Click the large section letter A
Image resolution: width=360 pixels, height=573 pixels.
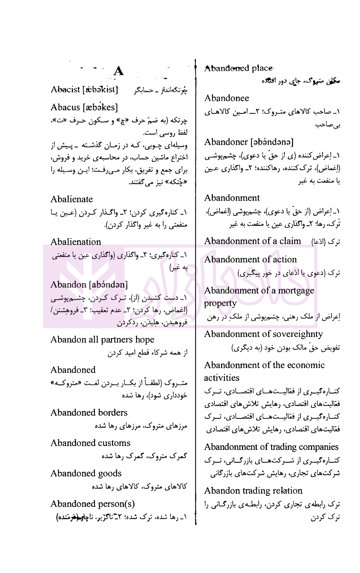(119, 72)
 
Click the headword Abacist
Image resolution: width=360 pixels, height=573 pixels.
(65, 90)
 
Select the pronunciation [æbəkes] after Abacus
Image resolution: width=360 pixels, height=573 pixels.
(100, 108)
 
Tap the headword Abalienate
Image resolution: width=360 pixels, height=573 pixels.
(72, 199)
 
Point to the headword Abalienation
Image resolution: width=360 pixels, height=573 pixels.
(76, 242)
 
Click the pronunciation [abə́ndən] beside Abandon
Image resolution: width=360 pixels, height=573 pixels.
(108, 285)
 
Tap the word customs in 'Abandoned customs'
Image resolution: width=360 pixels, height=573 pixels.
(114, 443)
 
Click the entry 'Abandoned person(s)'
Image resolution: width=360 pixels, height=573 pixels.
(92, 504)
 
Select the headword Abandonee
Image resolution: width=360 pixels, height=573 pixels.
(227, 98)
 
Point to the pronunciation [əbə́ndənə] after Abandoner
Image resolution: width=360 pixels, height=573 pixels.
(271, 142)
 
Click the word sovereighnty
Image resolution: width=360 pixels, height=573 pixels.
(298, 334)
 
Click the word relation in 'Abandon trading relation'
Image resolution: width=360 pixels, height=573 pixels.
(284, 491)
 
